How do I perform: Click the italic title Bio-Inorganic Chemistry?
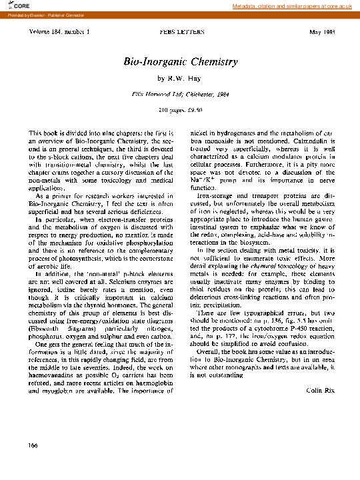pos(181,62)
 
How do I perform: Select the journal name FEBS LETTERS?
pos(180,32)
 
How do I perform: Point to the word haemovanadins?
pos(54,377)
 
